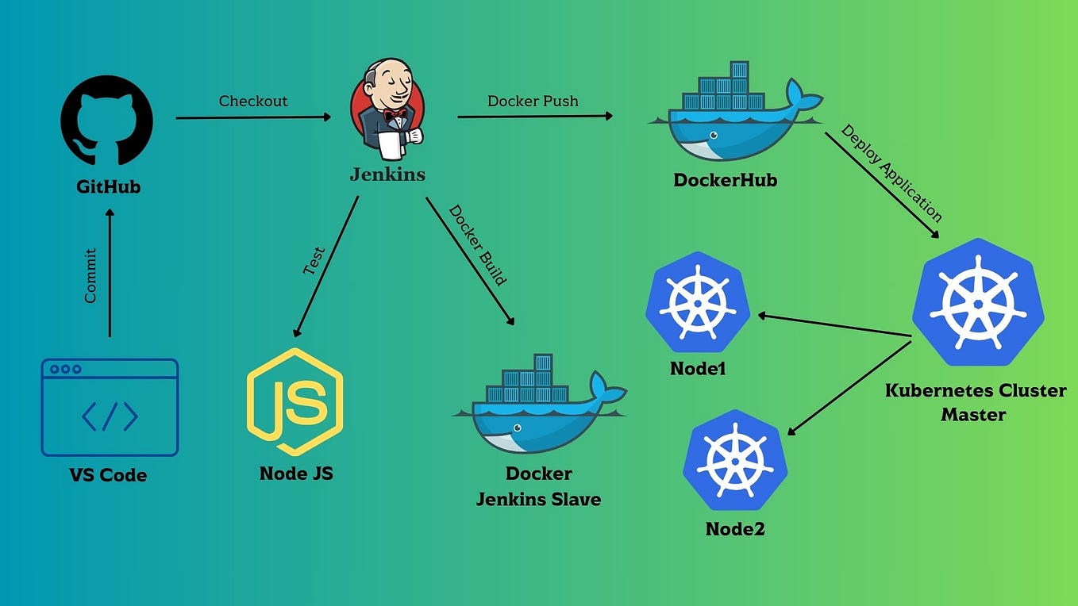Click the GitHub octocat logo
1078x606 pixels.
107,121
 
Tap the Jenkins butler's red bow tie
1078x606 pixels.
395,115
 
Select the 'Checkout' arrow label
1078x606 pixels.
253,101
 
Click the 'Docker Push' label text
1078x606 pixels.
533,101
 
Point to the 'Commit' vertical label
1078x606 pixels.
90,275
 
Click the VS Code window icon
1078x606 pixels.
110,407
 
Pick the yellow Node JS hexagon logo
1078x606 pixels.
295,403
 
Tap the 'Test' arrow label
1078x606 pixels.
314,261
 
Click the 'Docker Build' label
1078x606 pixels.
478,244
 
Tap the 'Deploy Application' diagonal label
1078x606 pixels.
891,173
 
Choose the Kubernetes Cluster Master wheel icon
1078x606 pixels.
977,302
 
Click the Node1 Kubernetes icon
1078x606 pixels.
698,302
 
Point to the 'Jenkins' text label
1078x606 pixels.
387,175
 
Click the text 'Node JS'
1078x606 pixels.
296,474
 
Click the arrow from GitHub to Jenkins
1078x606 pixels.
253,117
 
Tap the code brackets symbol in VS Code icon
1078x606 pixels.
110,416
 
